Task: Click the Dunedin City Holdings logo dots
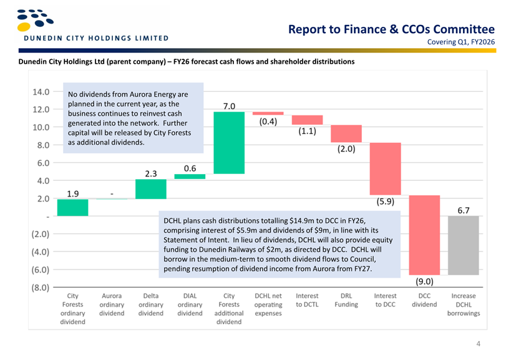[x=31, y=19]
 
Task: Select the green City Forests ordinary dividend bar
[x=72, y=207]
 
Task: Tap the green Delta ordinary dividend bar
[x=150, y=189]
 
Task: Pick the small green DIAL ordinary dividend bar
[x=190, y=177]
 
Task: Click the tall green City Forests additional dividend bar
[x=229, y=142]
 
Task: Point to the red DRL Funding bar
[x=346, y=134]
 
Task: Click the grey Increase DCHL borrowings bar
[x=464, y=245]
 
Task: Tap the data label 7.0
[x=229, y=106]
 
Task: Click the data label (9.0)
[x=424, y=281]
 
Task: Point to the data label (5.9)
[x=385, y=202]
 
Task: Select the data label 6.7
[x=464, y=210]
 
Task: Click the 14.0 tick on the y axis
[x=41, y=92]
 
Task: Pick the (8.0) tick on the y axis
[x=41, y=288]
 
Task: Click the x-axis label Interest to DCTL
[x=307, y=300]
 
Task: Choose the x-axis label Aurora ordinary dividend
[x=112, y=304]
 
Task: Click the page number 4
[x=477, y=343]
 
